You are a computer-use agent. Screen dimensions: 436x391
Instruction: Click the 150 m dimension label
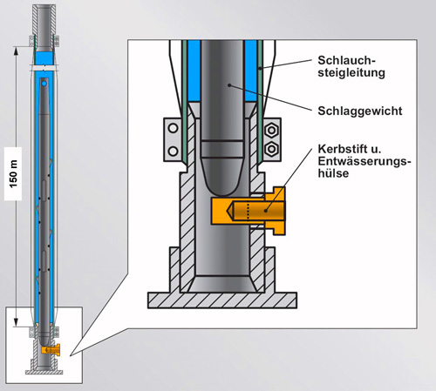click(13, 173)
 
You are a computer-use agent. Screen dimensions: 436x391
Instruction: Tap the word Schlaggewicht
click(360, 111)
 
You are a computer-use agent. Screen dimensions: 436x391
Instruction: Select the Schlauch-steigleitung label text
click(351, 66)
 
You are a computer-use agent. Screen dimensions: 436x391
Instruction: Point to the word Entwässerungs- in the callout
click(364, 161)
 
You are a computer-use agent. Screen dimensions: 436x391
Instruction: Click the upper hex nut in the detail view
click(272, 130)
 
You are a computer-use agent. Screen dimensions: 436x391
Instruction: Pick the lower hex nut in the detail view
click(272, 149)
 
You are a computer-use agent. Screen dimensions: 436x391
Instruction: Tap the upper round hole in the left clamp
click(174, 128)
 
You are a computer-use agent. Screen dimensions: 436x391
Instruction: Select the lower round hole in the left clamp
click(174, 152)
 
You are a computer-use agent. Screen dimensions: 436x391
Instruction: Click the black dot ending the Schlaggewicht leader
click(229, 85)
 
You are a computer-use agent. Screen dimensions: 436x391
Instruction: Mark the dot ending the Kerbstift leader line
click(265, 211)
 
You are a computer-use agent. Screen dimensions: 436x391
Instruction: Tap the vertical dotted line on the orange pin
click(248, 211)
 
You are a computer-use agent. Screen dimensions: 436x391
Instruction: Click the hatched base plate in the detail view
click(222, 300)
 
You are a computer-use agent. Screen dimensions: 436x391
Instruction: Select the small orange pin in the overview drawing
click(51, 349)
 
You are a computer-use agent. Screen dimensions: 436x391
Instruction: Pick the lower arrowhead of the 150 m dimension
click(17, 321)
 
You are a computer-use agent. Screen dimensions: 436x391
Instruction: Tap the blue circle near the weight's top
click(44, 84)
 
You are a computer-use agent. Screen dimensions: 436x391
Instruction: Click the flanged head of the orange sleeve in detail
click(276, 211)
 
